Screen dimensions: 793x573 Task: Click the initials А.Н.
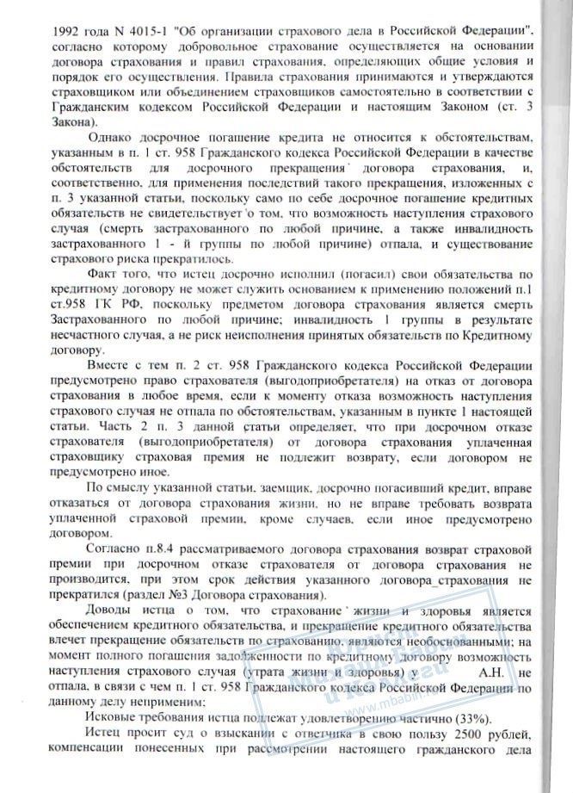pos(498,670)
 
